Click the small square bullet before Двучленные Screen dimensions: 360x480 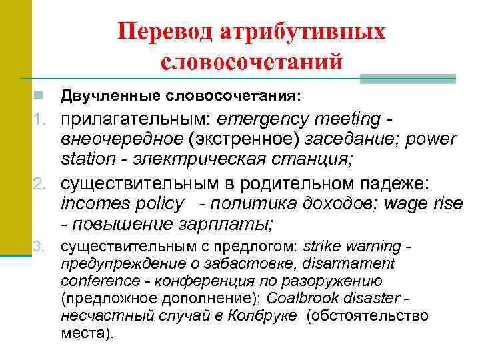point(41,96)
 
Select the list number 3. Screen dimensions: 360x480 point(40,247)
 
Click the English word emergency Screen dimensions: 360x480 point(265,119)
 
